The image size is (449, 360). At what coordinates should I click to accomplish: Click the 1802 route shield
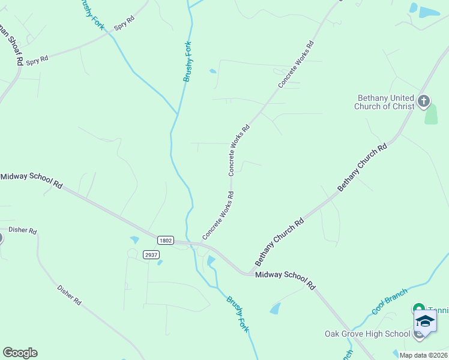tap(166, 240)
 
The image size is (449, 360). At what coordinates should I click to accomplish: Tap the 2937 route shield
tap(151, 255)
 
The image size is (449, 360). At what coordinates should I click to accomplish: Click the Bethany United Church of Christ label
tap(385, 102)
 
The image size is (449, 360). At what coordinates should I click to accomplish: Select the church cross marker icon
tap(424, 101)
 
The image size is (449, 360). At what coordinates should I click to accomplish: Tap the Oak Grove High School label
tap(367, 334)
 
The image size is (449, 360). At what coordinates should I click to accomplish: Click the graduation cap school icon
tap(425, 321)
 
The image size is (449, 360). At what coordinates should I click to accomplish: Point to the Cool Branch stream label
tap(390, 301)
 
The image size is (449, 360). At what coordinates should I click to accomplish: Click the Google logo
tap(20, 353)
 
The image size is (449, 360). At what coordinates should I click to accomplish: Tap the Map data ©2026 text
tap(423, 355)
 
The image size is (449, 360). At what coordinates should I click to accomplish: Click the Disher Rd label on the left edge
tap(23, 230)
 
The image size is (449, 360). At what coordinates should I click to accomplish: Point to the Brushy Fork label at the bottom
tap(237, 314)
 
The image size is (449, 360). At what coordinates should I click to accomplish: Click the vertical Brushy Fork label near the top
tap(188, 61)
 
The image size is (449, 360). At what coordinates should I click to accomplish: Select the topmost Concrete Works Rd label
tap(296, 64)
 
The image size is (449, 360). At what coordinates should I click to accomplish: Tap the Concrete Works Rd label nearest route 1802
tap(218, 215)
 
